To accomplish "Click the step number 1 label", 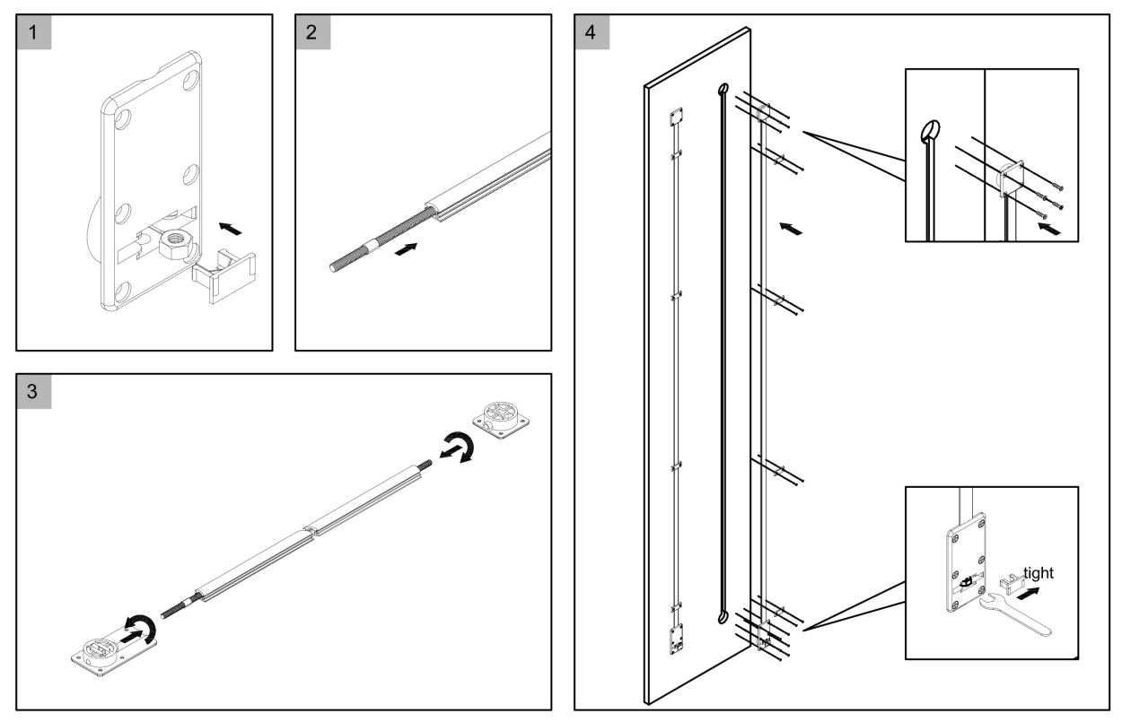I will pos(33,32).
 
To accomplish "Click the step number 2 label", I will pos(312,32).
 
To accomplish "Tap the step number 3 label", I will pos(33,392).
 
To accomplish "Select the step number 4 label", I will pos(591,32).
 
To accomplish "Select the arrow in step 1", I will pos(230,230).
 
